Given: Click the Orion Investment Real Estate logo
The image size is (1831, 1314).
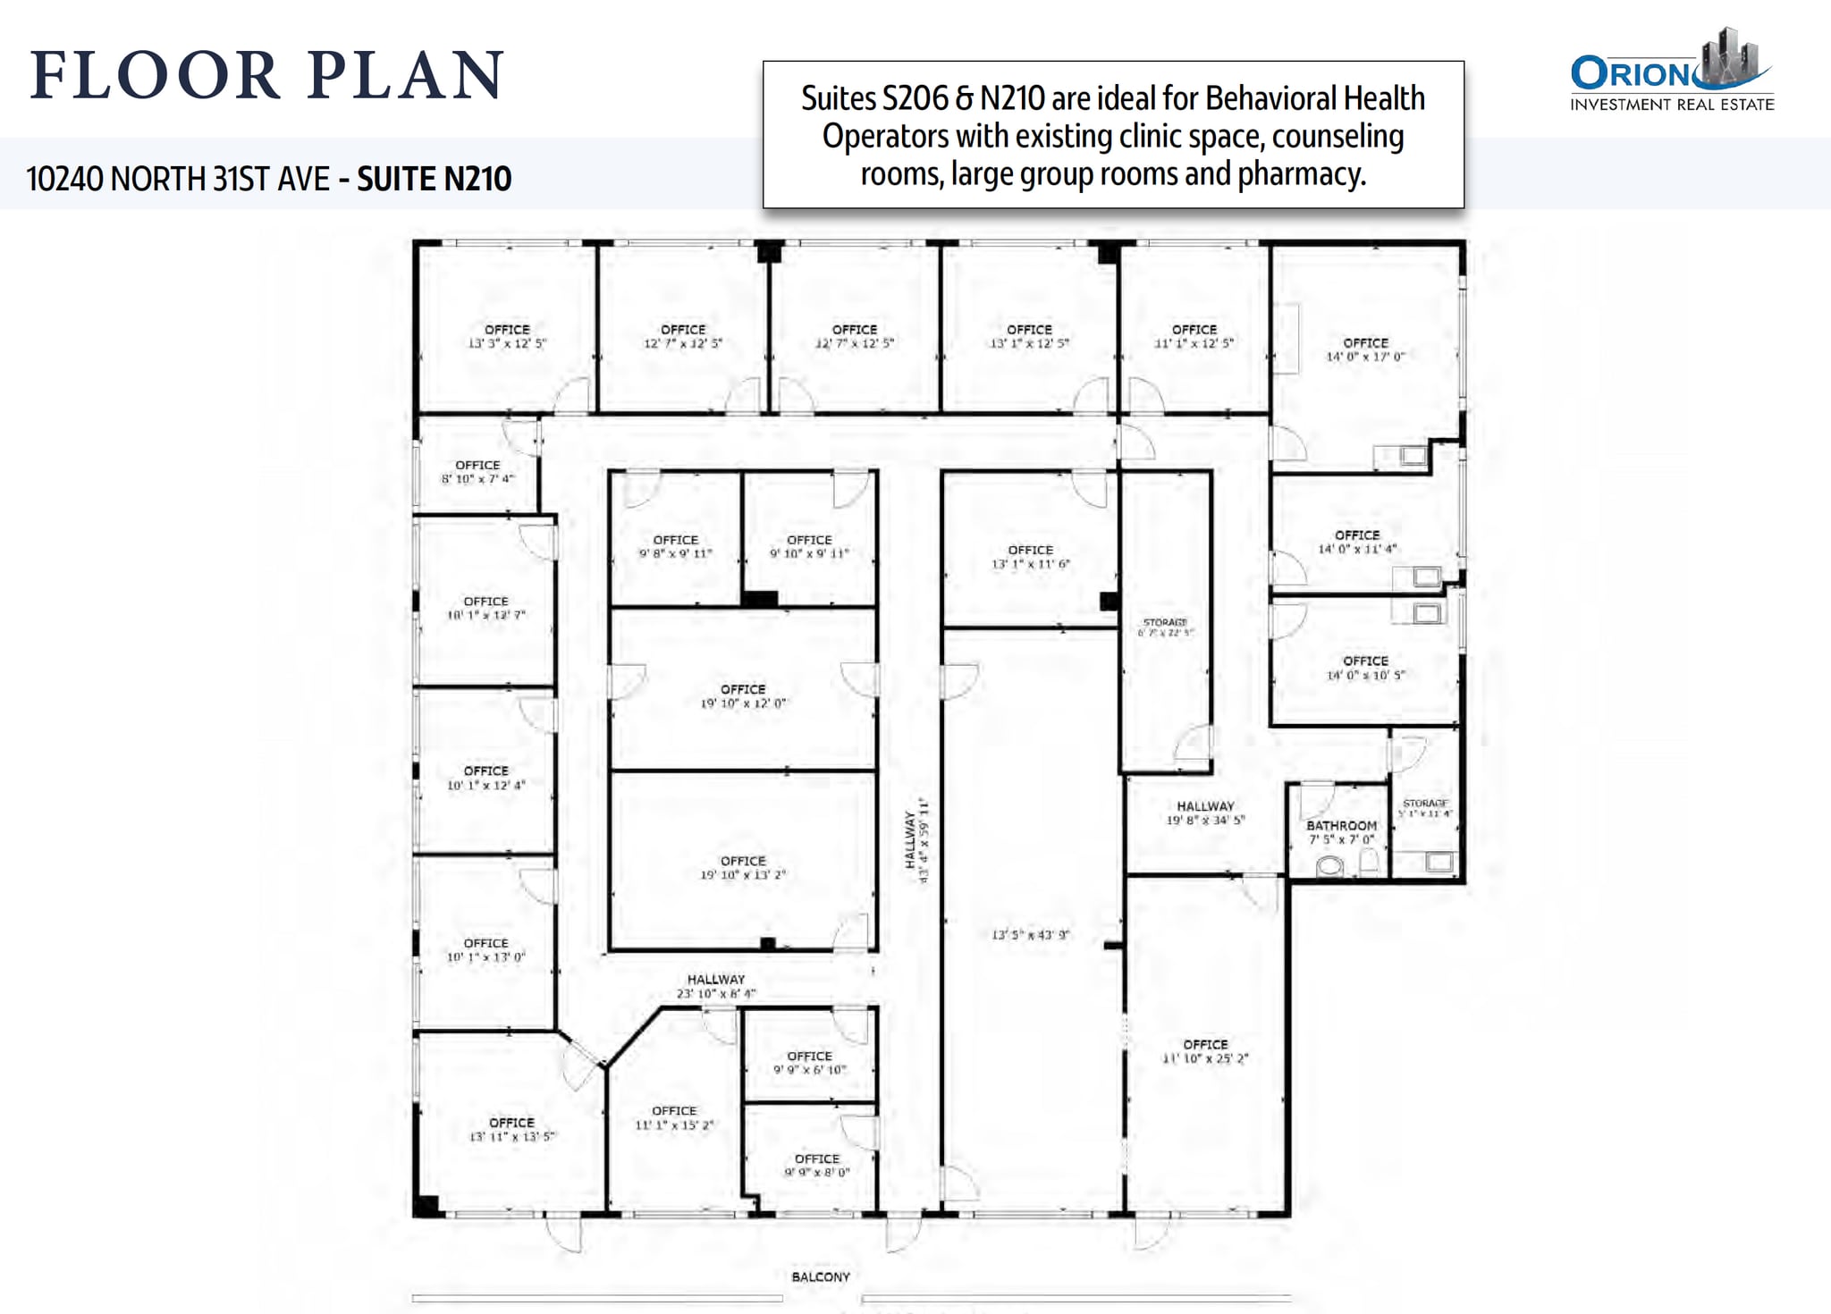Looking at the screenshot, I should (1671, 71).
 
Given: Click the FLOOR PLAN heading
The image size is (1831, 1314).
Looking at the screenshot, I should (267, 75).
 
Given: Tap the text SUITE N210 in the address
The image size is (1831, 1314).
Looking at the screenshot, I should (435, 179).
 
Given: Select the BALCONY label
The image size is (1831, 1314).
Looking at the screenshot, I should (820, 1276).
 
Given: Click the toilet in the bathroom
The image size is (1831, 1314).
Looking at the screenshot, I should (1330, 865).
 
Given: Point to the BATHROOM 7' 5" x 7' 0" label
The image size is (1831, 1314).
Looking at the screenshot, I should (1341, 832).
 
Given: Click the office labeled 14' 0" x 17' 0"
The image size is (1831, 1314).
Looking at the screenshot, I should (1365, 350).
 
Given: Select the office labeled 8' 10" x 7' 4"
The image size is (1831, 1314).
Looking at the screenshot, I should (477, 472).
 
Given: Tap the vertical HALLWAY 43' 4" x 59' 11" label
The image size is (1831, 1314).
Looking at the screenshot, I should (917, 840).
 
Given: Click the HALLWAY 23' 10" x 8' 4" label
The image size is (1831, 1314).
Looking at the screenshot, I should (716, 986).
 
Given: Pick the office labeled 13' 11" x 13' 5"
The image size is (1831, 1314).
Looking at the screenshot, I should (511, 1129).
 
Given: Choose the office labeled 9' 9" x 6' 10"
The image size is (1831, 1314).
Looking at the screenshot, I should (809, 1062).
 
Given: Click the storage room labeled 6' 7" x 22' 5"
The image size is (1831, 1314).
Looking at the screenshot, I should (1165, 627).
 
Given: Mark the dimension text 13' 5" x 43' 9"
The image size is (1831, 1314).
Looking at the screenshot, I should (1030, 935).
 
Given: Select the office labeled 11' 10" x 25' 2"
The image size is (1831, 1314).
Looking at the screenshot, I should (1204, 1051).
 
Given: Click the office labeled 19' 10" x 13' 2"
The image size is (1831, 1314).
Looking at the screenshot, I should (743, 867).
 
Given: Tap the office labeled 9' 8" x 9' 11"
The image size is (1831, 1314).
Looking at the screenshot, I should (675, 546).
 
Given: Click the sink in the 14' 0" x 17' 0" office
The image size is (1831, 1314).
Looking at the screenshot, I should (1413, 456).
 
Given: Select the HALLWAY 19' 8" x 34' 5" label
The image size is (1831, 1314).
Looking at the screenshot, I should (1205, 813).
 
